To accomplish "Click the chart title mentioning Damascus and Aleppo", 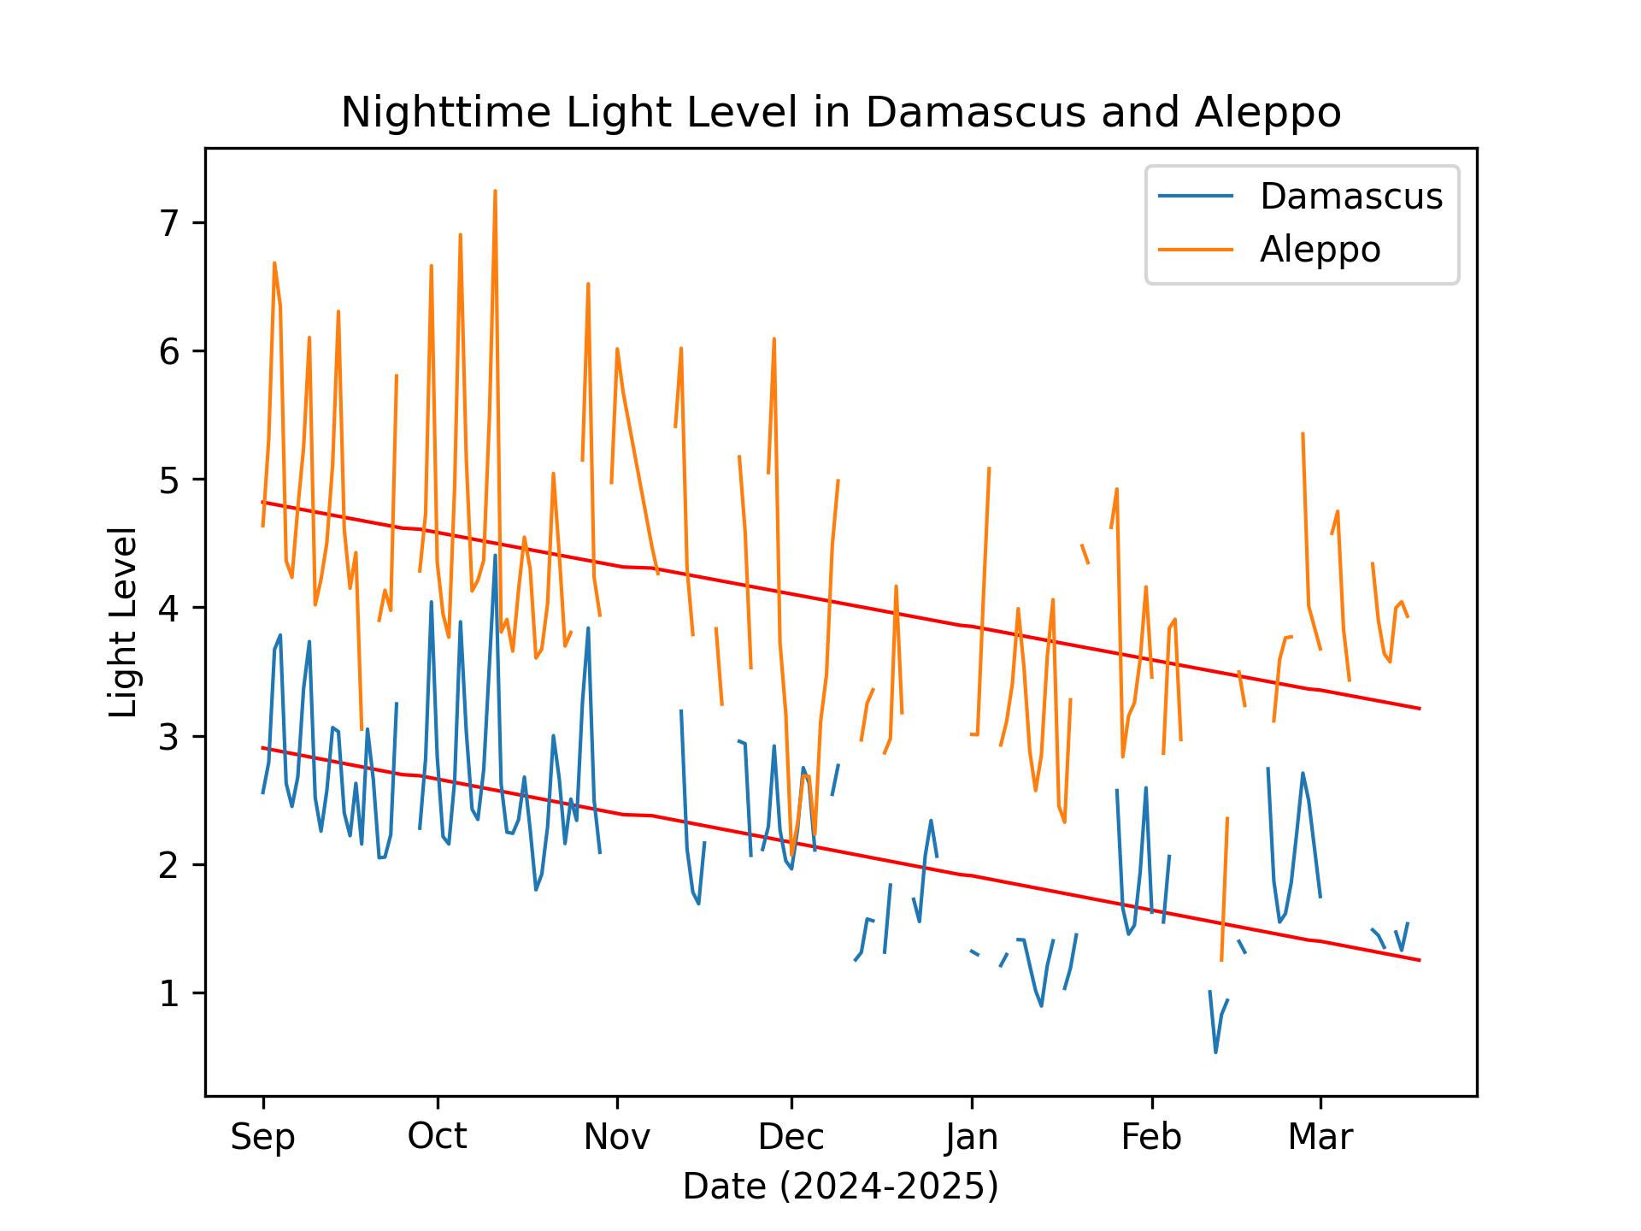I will [x=840, y=113].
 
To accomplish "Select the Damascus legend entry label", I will [x=1350, y=197].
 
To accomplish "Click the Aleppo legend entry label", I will [x=1320, y=250].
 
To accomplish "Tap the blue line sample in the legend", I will [x=1196, y=197].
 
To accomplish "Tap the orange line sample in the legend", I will [x=1196, y=250].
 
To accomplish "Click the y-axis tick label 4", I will [x=172, y=609].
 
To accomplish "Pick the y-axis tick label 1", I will [x=172, y=994].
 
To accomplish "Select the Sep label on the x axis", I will [x=262, y=1138].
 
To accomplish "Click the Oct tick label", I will [x=437, y=1138].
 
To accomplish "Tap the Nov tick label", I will [x=616, y=1138].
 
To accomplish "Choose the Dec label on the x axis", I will [x=791, y=1138].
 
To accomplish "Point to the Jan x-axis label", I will [x=972, y=1138].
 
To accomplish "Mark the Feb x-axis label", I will [x=1151, y=1138].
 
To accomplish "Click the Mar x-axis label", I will [x=1320, y=1138].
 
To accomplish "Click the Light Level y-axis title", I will [x=124, y=622].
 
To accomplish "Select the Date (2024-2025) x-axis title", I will [x=840, y=1187].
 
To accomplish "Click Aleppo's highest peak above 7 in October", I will [x=495, y=191].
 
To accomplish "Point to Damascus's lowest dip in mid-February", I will [x=1215, y=1051].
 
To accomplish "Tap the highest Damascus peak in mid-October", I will [x=495, y=556].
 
